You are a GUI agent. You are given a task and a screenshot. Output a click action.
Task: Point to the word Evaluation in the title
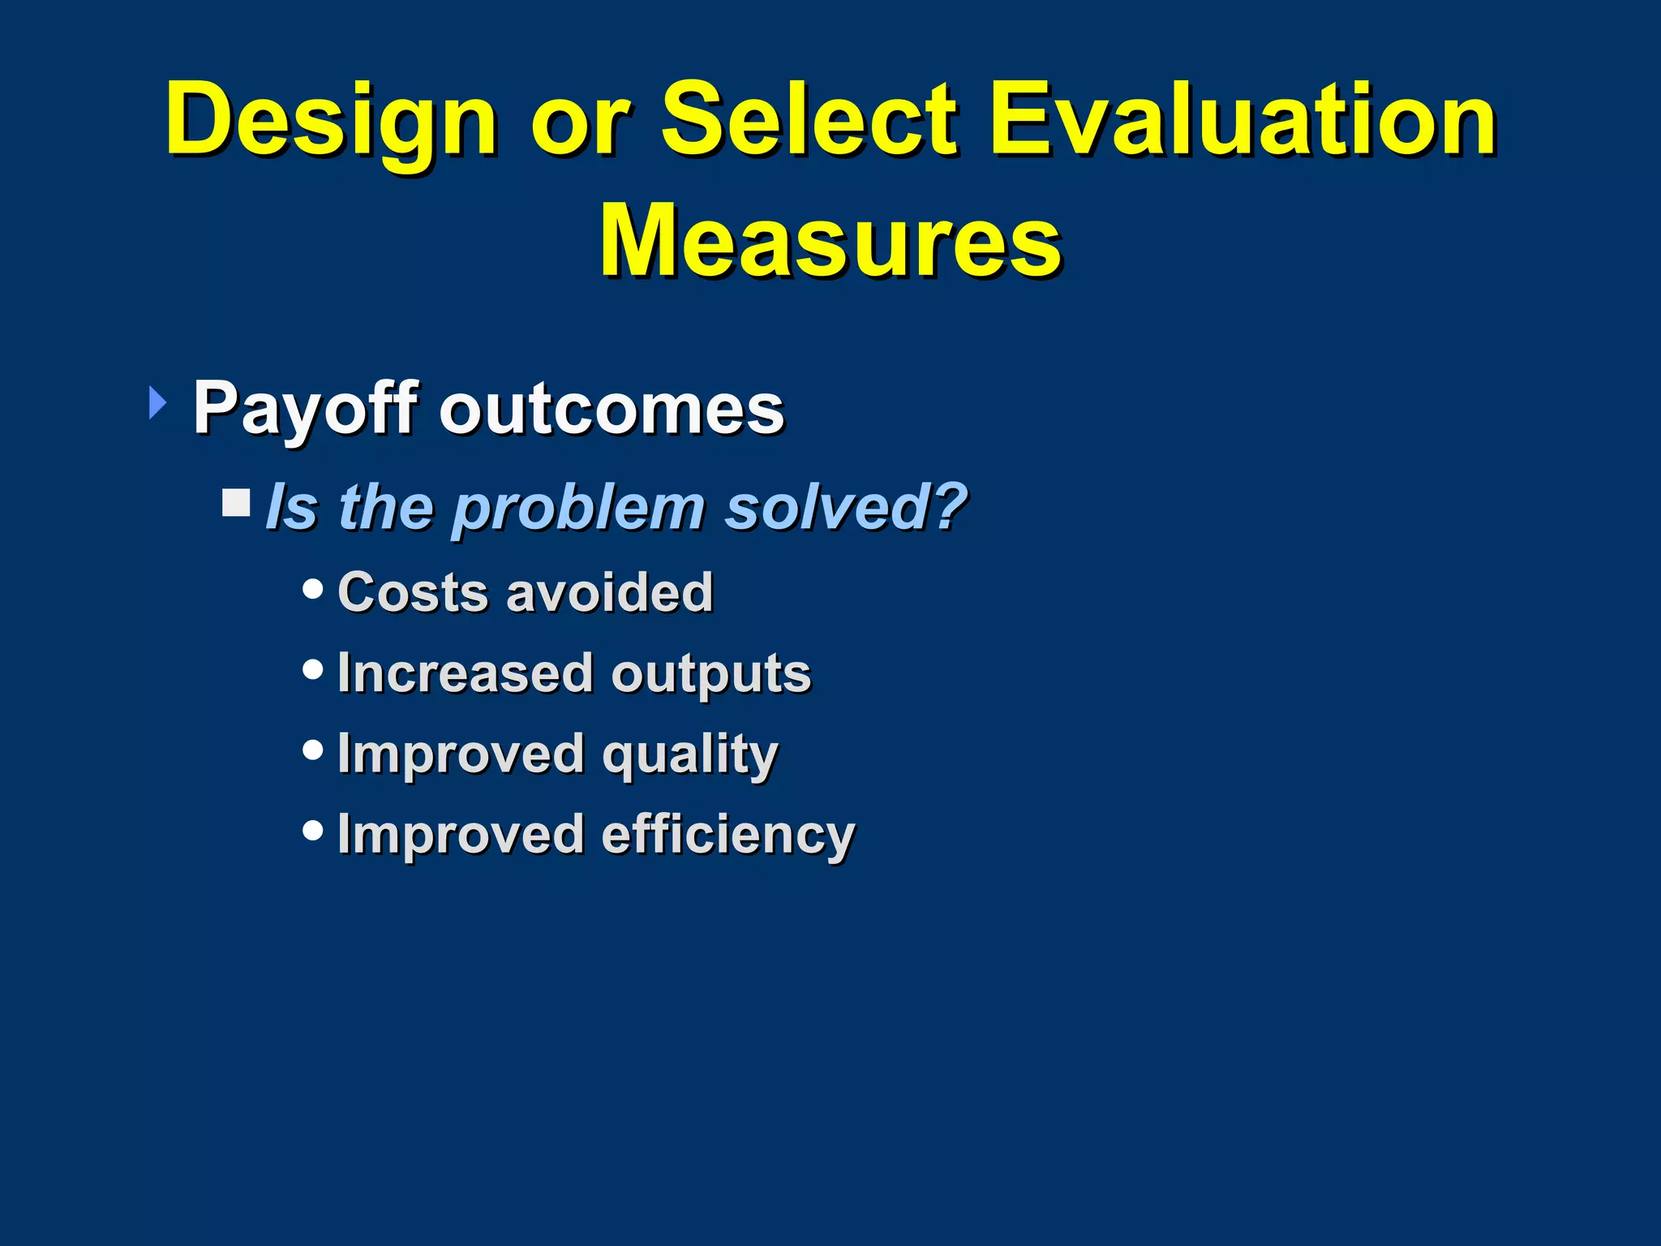(x=1243, y=120)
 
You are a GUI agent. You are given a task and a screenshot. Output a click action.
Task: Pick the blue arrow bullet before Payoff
(x=157, y=403)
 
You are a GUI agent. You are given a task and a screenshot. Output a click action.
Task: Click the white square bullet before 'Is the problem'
(x=237, y=503)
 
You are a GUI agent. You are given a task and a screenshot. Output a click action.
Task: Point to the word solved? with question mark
(x=846, y=507)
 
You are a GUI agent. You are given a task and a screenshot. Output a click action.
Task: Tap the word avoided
(x=609, y=591)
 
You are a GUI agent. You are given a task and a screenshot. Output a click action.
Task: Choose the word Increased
(x=466, y=672)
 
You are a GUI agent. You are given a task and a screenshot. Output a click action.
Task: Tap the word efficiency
(x=727, y=835)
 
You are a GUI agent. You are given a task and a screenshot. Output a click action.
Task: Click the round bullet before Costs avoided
(x=312, y=588)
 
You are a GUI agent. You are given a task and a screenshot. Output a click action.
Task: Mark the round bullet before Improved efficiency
(x=312, y=830)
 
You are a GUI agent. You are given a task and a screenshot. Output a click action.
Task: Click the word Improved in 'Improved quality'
(x=460, y=755)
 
